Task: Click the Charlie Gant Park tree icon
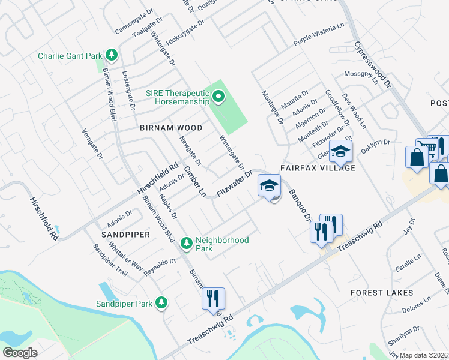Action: tap(111, 56)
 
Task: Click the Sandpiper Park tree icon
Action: tap(161, 303)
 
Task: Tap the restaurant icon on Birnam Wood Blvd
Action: tap(212, 298)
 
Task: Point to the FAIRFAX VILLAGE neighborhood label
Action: tap(318, 169)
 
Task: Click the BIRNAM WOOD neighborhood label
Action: tap(171, 128)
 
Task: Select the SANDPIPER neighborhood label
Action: tap(125, 234)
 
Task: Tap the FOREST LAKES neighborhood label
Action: tap(382, 292)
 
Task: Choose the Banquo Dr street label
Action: tap(298, 204)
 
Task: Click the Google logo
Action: tap(20, 352)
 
